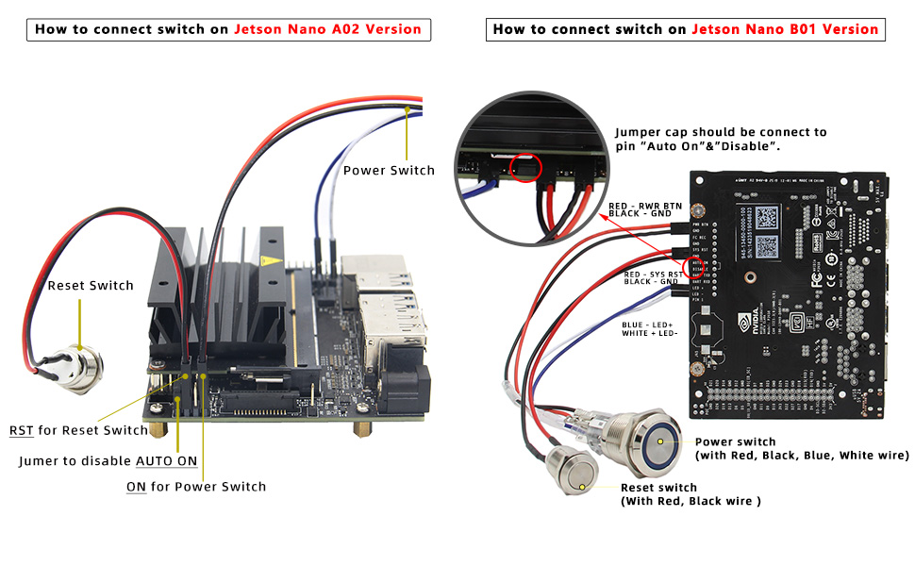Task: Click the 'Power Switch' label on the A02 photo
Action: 389,171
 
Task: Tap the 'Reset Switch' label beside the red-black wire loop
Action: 91,286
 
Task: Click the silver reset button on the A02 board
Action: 79,364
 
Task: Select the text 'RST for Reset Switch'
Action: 78,430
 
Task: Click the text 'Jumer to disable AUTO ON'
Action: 108,461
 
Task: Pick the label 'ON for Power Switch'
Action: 196,487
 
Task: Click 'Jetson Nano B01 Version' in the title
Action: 785,29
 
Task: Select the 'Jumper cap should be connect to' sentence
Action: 721,132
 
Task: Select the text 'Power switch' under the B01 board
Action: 735,441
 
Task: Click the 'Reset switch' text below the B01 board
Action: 658,488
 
